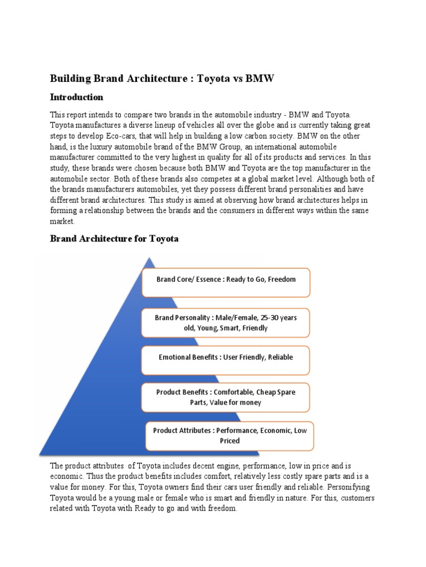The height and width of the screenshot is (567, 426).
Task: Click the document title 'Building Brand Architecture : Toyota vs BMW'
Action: (x=162, y=79)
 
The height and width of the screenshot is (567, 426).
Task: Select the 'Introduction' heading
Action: (x=77, y=97)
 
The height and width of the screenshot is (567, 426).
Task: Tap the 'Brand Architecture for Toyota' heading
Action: (x=114, y=239)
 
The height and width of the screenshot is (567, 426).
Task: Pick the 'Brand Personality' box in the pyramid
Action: (x=226, y=323)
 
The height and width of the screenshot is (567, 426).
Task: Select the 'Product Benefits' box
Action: (x=226, y=397)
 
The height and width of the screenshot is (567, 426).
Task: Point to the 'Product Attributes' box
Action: (x=229, y=435)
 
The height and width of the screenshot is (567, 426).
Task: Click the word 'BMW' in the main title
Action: (x=260, y=79)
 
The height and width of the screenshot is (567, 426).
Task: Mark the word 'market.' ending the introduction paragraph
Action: (x=63, y=221)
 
